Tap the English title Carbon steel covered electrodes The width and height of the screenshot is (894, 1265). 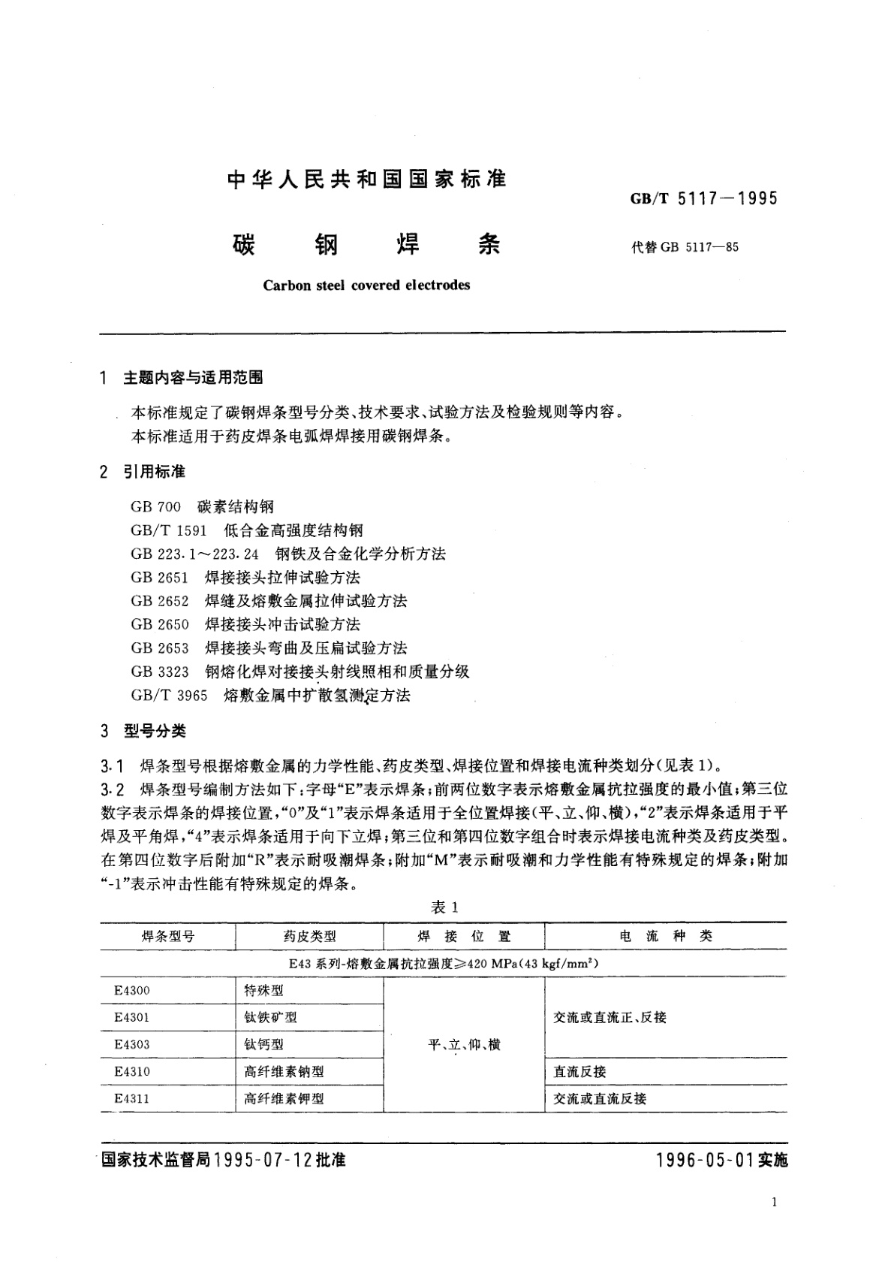367,285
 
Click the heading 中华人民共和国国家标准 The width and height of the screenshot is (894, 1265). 367,179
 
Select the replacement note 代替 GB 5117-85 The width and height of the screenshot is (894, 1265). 685,246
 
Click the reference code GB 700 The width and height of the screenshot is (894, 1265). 155,507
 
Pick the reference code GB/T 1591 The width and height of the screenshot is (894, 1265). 168,530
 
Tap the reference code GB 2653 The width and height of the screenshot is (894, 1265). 159,648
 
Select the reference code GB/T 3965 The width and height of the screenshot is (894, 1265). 168,696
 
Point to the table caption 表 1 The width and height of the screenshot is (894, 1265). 444,907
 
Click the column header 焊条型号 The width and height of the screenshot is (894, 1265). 167,937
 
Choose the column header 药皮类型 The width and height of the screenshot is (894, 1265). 309,937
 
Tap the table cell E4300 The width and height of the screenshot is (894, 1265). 132,991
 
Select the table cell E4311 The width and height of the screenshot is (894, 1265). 132,1098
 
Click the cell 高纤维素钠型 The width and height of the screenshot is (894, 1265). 284,1072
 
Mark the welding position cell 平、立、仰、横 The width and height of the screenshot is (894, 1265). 464,1045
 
